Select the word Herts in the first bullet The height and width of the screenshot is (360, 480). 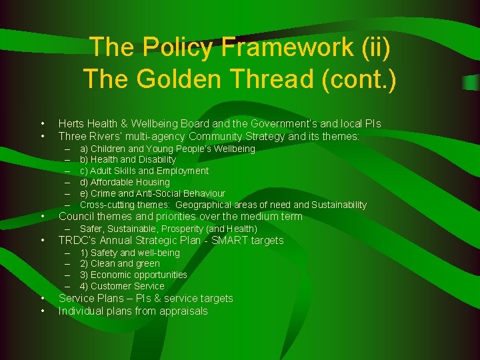click(71, 124)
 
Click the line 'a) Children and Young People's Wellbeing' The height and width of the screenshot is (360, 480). click(167, 149)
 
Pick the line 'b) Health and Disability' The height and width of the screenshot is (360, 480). click(128, 159)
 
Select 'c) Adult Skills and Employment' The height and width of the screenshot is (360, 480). click(144, 171)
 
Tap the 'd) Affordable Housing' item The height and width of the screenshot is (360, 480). click(125, 182)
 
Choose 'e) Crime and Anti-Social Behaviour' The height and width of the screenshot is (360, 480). click(153, 193)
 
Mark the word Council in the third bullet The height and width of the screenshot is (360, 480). click(77, 216)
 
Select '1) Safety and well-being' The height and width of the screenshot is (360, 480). click(130, 253)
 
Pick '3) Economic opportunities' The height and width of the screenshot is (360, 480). click(133, 275)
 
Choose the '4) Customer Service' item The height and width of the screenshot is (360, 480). click(122, 286)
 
